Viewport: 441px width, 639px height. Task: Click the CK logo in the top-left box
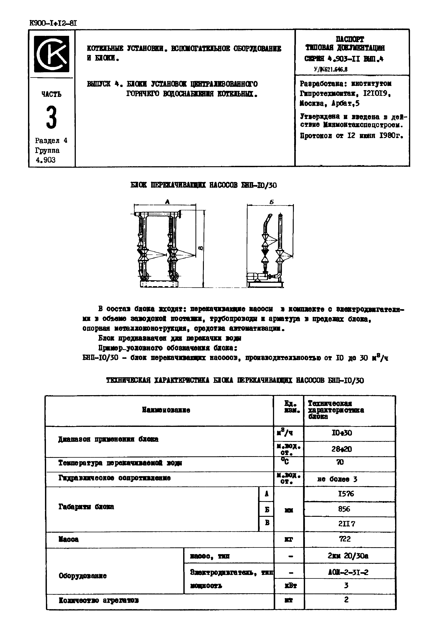tap(52, 54)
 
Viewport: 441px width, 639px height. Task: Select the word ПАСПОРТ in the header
tap(350, 39)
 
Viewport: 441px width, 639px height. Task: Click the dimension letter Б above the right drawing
tap(271, 202)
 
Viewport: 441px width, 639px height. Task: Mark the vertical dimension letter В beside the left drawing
tap(201, 248)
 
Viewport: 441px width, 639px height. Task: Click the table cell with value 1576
tap(346, 493)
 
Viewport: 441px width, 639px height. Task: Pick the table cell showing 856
tap(344, 509)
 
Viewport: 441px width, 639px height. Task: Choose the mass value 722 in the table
tap(345, 539)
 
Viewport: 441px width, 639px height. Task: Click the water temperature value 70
tap(340, 462)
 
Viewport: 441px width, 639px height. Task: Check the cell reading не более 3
tap(337, 479)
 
